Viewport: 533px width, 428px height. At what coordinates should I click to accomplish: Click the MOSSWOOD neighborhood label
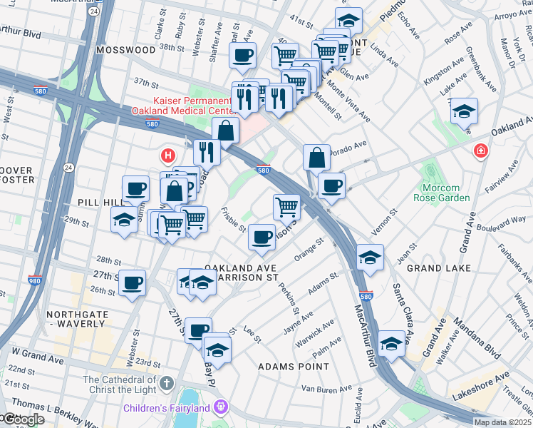(126, 51)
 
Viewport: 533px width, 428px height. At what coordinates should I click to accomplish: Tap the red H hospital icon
(168, 155)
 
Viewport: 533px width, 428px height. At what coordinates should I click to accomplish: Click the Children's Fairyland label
(168, 408)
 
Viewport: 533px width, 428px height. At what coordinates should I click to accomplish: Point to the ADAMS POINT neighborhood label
(294, 367)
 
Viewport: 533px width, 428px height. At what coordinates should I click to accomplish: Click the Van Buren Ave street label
(327, 389)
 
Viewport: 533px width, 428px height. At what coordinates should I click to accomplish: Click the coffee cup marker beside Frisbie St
(262, 236)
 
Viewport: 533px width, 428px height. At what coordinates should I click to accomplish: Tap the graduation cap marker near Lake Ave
(463, 111)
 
